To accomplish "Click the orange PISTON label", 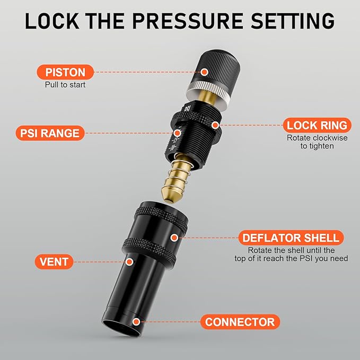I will tap(65, 72).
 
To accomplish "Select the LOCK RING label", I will tap(317, 126).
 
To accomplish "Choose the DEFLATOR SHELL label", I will tap(290, 238).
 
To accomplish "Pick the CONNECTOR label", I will tap(240, 322).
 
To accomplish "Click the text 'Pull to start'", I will tap(65, 85).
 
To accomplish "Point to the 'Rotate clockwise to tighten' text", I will tap(317, 142).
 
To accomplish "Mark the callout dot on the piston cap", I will tap(205, 72).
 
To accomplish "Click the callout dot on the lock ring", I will tap(215, 125).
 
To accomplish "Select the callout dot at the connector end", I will tap(137, 321).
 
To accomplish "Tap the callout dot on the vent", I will tap(129, 261).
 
